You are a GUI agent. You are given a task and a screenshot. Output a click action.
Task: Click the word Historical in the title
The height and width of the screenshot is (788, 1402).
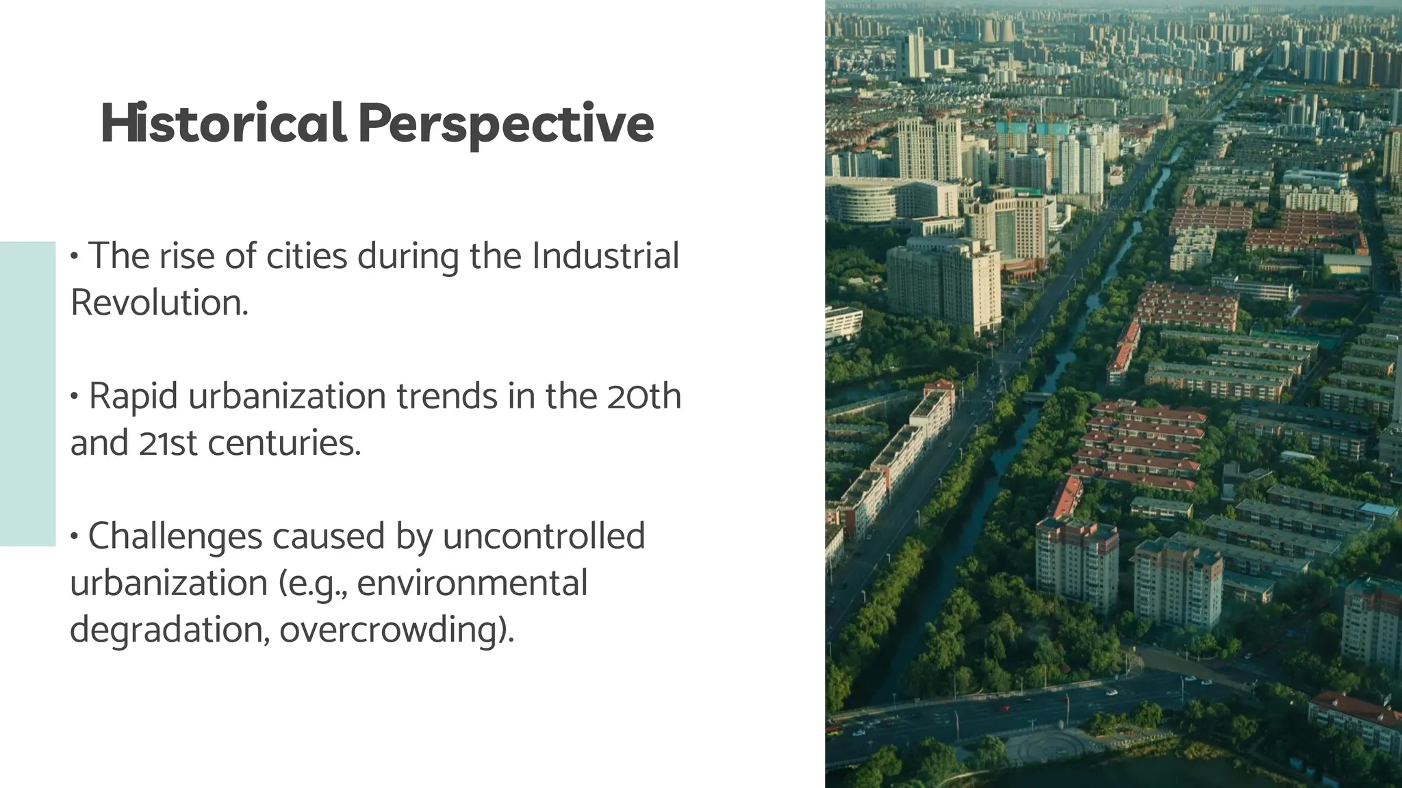tap(222, 124)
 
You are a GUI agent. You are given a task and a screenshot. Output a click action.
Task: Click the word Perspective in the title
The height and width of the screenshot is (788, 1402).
tap(506, 124)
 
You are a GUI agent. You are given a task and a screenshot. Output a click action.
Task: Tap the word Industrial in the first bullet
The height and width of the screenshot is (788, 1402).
tap(605, 256)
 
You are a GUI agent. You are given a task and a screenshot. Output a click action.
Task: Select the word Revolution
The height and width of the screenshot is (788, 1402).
tap(159, 302)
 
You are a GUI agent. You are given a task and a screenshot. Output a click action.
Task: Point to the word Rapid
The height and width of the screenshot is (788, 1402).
tap(133, 397)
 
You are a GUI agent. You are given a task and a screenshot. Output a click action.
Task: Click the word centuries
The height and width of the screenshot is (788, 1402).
tap(284, 443)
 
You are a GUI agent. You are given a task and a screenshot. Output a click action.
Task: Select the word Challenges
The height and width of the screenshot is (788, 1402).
tap(175, 536)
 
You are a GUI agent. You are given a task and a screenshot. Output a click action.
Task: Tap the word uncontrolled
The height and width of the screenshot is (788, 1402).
tap(544, 536)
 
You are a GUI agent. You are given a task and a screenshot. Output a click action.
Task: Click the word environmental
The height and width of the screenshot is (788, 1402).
tap(472, 583)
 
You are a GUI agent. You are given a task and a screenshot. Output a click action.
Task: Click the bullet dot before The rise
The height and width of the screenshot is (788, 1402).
tap(75, 257)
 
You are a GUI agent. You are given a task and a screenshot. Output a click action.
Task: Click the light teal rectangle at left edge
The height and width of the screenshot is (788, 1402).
tap(27, 393)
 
